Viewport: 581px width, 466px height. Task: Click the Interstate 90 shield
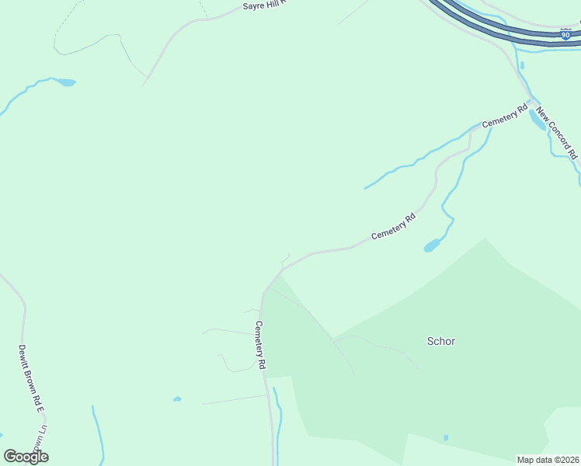[565, 34]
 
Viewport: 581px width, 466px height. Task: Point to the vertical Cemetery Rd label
[261, 344]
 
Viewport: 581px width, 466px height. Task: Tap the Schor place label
[441, 341]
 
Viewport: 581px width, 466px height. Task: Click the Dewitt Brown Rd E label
[29, 379]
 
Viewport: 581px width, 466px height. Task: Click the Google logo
[26, 457]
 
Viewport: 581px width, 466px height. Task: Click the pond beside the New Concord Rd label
[537, 119]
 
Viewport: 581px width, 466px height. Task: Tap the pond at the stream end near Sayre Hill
[65, 82]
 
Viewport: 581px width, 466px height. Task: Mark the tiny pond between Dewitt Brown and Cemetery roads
[177, 399]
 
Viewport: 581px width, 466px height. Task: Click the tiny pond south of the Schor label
[446, 438]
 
